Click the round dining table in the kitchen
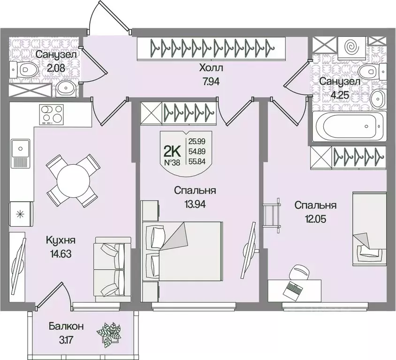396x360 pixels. [73, 180]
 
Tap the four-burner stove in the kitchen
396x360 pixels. [52, 114]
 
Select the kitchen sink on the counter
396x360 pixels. [20, 153]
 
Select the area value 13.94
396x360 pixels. [195, 204]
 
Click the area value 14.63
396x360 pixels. [61, 254]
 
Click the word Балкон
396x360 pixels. [66, 326]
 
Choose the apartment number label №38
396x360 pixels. [172, 163]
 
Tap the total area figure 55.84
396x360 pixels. [197, 161]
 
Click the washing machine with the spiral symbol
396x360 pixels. [351, 47]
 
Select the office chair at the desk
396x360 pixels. [299, 272]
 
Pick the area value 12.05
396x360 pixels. [315, 219]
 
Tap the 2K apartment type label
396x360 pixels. [172, 152]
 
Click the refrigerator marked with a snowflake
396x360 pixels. [21, 214]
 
